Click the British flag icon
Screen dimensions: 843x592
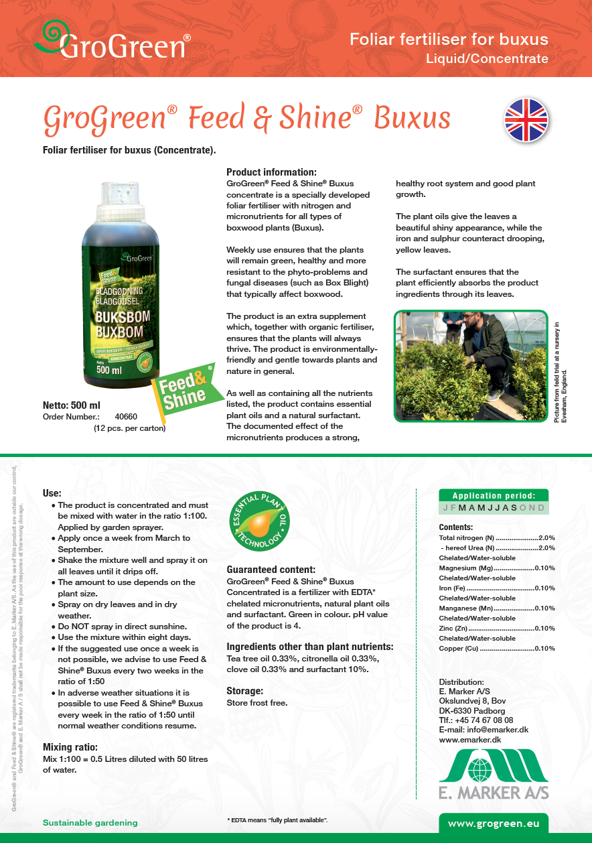coord(526,121)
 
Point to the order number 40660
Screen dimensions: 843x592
coord(126,417)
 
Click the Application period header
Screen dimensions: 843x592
coord(494,496)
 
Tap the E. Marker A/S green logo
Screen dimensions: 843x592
coord(494,773)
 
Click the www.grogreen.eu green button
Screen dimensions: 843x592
coord(493,823)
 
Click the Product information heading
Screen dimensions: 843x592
coord(271,172)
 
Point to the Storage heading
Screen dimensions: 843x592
coord(244,690)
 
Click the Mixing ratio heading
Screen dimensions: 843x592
coord(70,747)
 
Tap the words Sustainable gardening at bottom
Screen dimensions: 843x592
coord(90,822)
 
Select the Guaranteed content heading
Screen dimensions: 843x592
coord(271,570)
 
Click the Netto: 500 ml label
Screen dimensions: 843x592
coord(72,405)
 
